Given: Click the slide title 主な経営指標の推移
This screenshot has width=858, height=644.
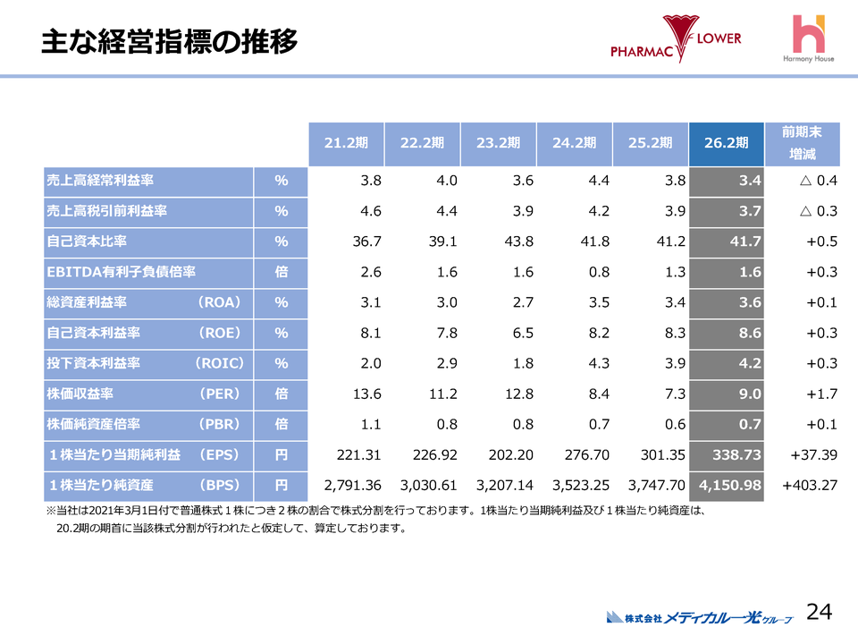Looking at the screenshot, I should (169, 42).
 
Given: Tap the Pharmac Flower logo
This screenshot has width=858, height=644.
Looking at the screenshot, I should (676, 39).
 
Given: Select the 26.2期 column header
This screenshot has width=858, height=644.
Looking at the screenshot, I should (727, 143).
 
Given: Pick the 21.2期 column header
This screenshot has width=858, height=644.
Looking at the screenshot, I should (346, 143).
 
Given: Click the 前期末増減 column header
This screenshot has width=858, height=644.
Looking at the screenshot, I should (802, 143).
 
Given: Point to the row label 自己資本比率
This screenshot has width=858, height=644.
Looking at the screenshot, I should (87, 241).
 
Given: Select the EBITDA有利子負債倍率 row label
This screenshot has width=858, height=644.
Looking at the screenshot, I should (121, 272).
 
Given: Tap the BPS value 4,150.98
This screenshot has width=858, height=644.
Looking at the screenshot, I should (730, 486).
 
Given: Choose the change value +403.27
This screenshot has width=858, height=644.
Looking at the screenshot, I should (809, 486).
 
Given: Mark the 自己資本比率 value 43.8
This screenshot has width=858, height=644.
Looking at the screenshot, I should (518, 241).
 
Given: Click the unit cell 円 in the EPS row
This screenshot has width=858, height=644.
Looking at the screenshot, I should (282, 455).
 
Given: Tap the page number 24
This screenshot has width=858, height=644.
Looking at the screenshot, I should (819, 612).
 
